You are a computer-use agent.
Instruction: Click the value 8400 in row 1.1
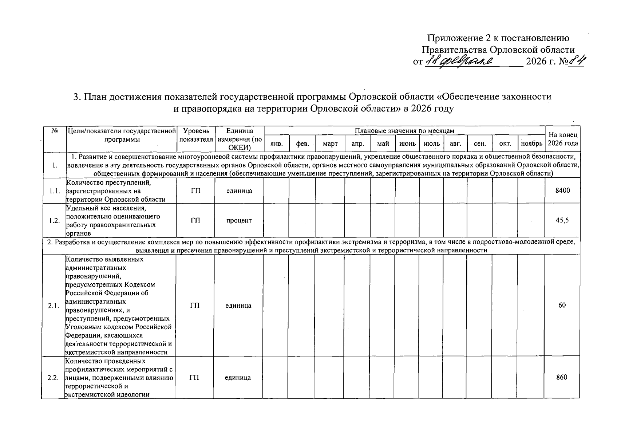562,190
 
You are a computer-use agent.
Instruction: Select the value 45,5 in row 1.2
562,220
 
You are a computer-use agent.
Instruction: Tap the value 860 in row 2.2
562,377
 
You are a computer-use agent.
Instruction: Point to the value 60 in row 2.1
562,305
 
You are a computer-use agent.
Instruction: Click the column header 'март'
330,144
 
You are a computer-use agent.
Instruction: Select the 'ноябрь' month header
531,144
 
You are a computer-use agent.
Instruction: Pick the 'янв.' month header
277,144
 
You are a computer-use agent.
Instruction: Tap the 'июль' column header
432,144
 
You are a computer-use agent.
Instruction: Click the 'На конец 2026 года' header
562,139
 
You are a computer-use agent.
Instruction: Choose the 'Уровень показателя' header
196,135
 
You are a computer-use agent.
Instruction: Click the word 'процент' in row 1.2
239,220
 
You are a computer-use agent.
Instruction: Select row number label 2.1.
53,306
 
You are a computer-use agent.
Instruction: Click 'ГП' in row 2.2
194,378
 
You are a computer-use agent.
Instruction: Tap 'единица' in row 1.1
239,190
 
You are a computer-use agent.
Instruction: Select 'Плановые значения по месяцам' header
404,131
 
